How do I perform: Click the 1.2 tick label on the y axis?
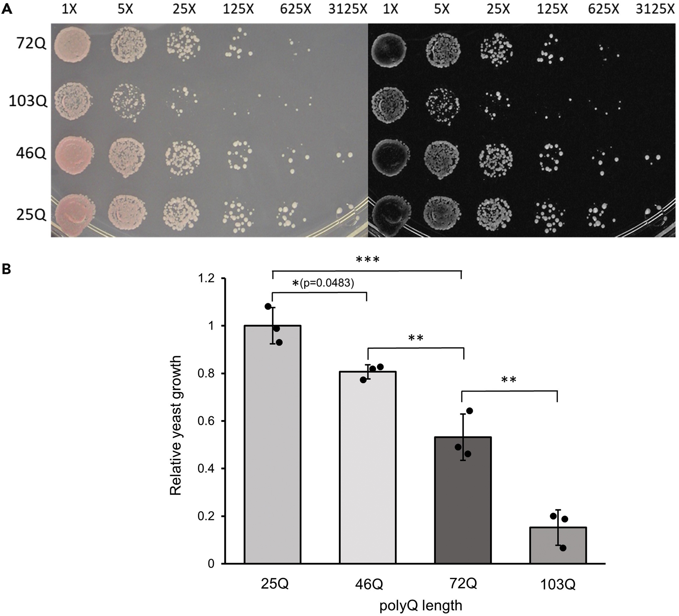tap(206, 279)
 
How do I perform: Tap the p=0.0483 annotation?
tap(327, 283)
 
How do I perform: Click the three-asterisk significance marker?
tap(367, 260)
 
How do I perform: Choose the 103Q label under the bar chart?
tap(558, 585)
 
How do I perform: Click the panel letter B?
tap(6, 269)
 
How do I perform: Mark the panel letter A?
tap(6, 9)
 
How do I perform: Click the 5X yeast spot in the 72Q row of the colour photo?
tap(128, 45)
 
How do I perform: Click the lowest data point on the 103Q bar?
tap(563, 548)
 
